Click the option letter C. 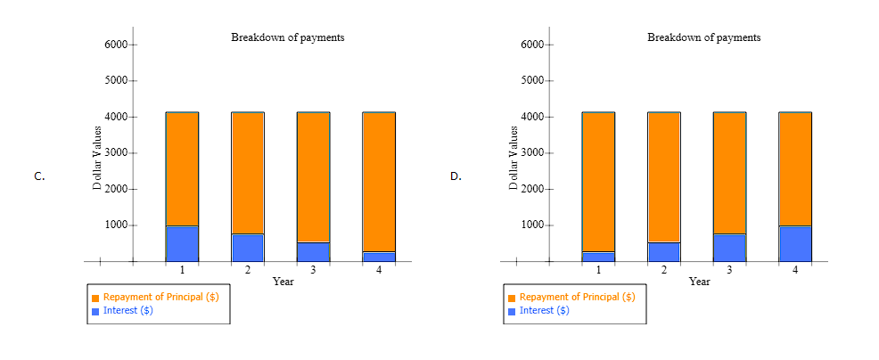click(39, 176)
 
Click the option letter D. click(456, 176)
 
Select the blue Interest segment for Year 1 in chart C click(182, 243)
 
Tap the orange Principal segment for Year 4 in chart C click(379, 182)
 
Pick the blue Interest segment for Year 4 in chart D click(795, 243)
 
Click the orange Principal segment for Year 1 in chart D click(598, 182)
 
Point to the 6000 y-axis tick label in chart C click(119, 45)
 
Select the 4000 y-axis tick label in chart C click(119, 117)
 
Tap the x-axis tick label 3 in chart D click(729, 269)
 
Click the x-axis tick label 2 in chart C click(248, 269)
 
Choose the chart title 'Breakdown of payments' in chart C click(287, 37)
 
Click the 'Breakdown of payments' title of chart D click(703, 37)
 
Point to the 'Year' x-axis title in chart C click(283, 282)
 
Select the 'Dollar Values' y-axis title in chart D click(513, 158)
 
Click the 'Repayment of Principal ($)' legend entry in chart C click(160, 297)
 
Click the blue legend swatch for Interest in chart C click(95, 311)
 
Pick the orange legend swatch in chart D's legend click(512, 298)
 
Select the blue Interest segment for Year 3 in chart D click(729, 247)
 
